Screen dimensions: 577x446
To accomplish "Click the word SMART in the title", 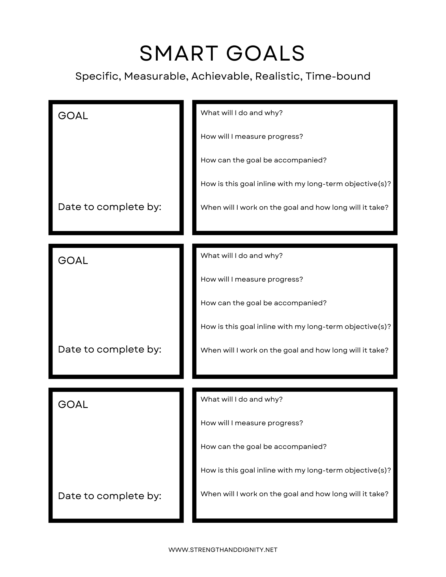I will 178,54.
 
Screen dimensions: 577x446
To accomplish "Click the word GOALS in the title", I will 265,54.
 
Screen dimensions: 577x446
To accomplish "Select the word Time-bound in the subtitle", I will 338,76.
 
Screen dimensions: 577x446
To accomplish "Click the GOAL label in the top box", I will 73,116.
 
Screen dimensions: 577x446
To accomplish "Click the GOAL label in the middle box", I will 73,261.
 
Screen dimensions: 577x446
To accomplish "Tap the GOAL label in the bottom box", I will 73,404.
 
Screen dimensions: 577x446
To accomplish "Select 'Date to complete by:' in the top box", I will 109,207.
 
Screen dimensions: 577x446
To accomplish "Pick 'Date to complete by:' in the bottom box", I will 109,496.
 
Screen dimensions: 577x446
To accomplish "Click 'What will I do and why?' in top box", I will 241,113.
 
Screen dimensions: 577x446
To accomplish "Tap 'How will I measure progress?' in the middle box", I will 252,279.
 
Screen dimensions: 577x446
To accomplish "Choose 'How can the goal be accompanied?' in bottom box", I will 263,447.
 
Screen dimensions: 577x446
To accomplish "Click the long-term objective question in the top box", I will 296,184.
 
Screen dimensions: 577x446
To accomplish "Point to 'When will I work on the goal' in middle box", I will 294,350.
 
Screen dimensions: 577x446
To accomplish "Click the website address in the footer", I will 223,550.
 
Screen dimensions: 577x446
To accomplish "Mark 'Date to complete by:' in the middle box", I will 109,349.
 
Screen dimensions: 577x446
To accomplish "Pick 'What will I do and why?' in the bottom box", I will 241,399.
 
